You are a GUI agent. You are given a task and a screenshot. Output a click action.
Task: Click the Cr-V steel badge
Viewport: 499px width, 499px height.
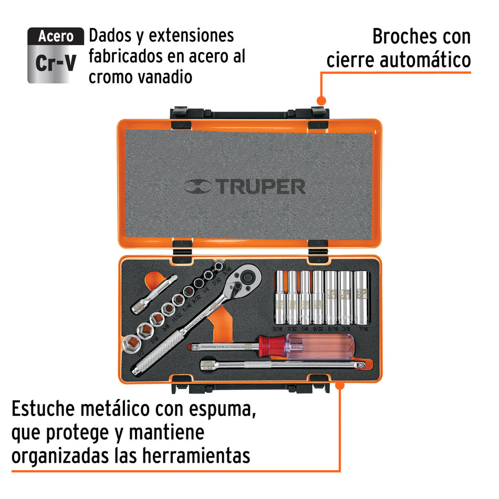point(55,56)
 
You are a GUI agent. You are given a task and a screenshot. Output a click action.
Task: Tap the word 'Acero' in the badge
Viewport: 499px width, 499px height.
point(56,37)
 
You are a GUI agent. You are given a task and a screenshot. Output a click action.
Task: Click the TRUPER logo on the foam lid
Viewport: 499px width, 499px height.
point(245,186)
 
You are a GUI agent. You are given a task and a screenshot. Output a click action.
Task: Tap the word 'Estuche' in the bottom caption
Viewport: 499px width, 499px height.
point(50,409)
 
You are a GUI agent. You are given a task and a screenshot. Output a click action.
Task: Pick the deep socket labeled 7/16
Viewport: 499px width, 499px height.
point(360,297)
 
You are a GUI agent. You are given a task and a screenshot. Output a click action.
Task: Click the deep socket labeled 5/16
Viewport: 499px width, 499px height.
point(331,297)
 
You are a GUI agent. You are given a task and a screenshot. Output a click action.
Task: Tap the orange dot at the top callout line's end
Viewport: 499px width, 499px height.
point(321,101)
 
